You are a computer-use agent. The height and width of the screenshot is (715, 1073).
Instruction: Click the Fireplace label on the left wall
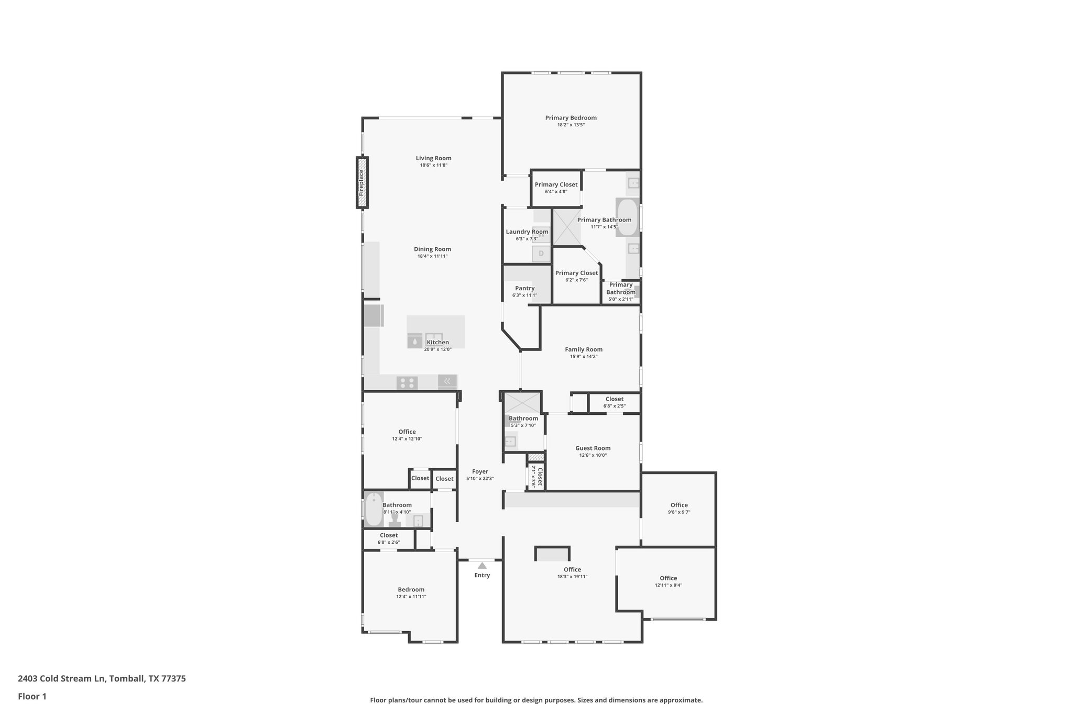pos(362,182)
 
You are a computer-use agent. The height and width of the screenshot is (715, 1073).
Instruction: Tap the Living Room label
pos(433,158)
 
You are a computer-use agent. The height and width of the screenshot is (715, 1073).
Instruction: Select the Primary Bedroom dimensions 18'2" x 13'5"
pos(571,125)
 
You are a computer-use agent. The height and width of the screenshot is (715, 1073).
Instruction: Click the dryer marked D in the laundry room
pos(541,254)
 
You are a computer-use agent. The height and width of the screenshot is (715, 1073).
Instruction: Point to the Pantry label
pos(524,288)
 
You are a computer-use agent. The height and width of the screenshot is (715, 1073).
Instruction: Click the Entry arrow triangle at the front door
pos(482,566)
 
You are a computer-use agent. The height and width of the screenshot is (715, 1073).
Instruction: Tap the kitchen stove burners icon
pos(407,383)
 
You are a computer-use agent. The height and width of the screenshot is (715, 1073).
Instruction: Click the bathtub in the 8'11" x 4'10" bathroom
pos(373,509)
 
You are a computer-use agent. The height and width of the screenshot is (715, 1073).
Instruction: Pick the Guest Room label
pos(593,448)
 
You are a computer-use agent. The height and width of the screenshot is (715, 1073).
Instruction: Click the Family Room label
pos(583,349)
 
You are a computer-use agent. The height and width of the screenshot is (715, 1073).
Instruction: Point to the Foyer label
pos(480,471)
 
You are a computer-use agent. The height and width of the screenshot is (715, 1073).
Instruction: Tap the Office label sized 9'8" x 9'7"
pos(679,505)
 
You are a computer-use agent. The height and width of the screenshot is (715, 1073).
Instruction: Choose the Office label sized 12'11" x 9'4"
pos(668,578)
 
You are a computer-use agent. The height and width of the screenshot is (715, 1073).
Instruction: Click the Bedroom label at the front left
pos(411,589)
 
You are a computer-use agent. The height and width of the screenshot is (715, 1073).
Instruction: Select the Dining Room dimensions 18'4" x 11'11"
pos(432,256)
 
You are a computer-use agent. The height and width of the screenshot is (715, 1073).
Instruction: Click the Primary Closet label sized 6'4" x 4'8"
pos(556,184)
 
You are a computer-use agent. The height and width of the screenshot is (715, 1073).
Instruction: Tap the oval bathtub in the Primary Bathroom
pos(627,217)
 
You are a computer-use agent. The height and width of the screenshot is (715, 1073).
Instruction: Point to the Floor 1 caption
pos(32,697)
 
